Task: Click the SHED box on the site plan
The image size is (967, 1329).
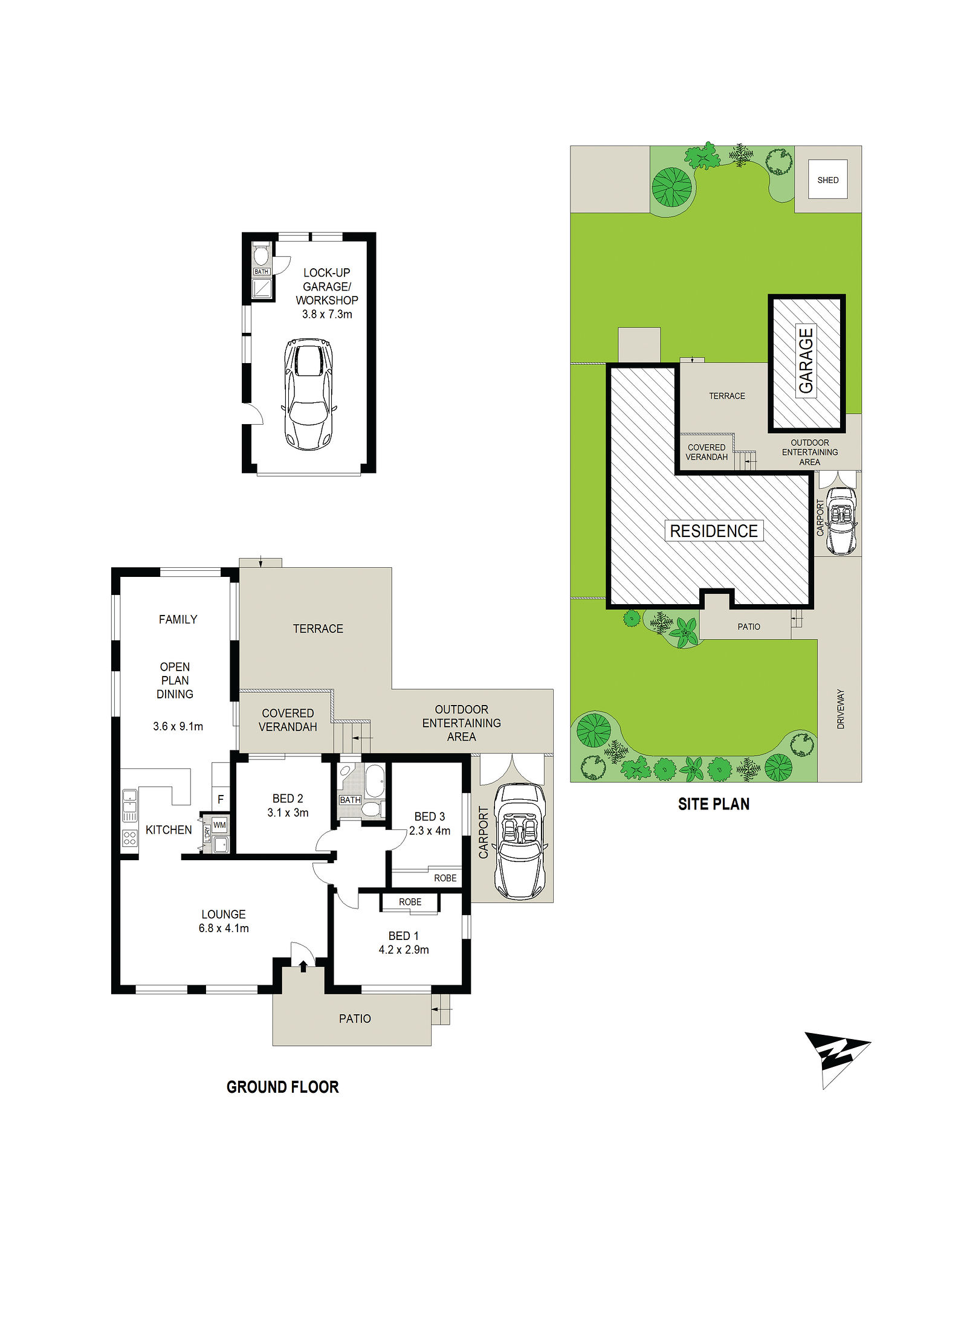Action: click(x=827, y=179)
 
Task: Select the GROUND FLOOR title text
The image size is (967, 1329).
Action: click(x=282, y=1087)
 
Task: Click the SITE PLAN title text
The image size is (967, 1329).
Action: click(x=714, y=804)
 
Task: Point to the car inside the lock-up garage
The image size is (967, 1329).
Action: click(x=309, y=394)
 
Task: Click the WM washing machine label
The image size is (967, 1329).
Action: click(x=219, y=825)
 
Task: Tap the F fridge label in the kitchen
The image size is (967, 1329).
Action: click(x=221, y=799)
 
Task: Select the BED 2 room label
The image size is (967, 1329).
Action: click(x=288, y=799)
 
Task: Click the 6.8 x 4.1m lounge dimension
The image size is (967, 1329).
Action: click(x=224, y=928)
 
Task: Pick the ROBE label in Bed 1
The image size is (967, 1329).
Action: click(x=410, y=902)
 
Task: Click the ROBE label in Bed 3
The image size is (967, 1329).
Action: click(x=445, y=878)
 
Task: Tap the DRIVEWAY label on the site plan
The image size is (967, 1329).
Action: click(x=841, y=709)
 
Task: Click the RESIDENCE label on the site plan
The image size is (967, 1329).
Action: click(x=714, y=531)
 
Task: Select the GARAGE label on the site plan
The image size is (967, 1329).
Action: click(x=806, y=361)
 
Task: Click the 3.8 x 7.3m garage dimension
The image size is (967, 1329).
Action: click(x=327, y=314)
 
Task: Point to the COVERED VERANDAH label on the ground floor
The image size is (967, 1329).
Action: click(x=288, y=720)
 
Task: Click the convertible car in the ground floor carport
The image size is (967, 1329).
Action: click(x=520, y=841)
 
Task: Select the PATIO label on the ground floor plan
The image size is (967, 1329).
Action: click(x=355, y=1018)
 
